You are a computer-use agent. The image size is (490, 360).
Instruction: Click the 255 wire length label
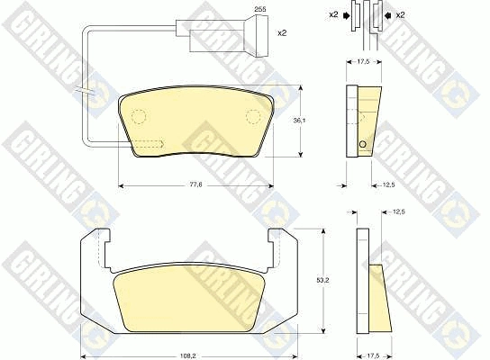pyautogui.click(x=260, y=9)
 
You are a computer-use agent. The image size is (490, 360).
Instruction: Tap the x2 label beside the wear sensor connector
pyautogui.click(x=282, y=32)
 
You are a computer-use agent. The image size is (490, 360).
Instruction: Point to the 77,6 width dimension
pyautogui.click(x=196, y=184)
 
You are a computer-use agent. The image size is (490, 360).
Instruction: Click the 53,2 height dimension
pyautogui.click(x=322, y=281)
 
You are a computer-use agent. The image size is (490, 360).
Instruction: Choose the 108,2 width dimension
pyautogui.click(x=187, y=355)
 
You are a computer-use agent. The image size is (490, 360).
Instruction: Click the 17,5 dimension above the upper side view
pyautogui.click(x=363, y=62)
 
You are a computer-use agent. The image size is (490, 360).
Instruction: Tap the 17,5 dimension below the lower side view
pyautogui.click(x=373, y=355)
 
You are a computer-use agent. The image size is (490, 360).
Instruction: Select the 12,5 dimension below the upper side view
pyautogui.click(x=389, y=184)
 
